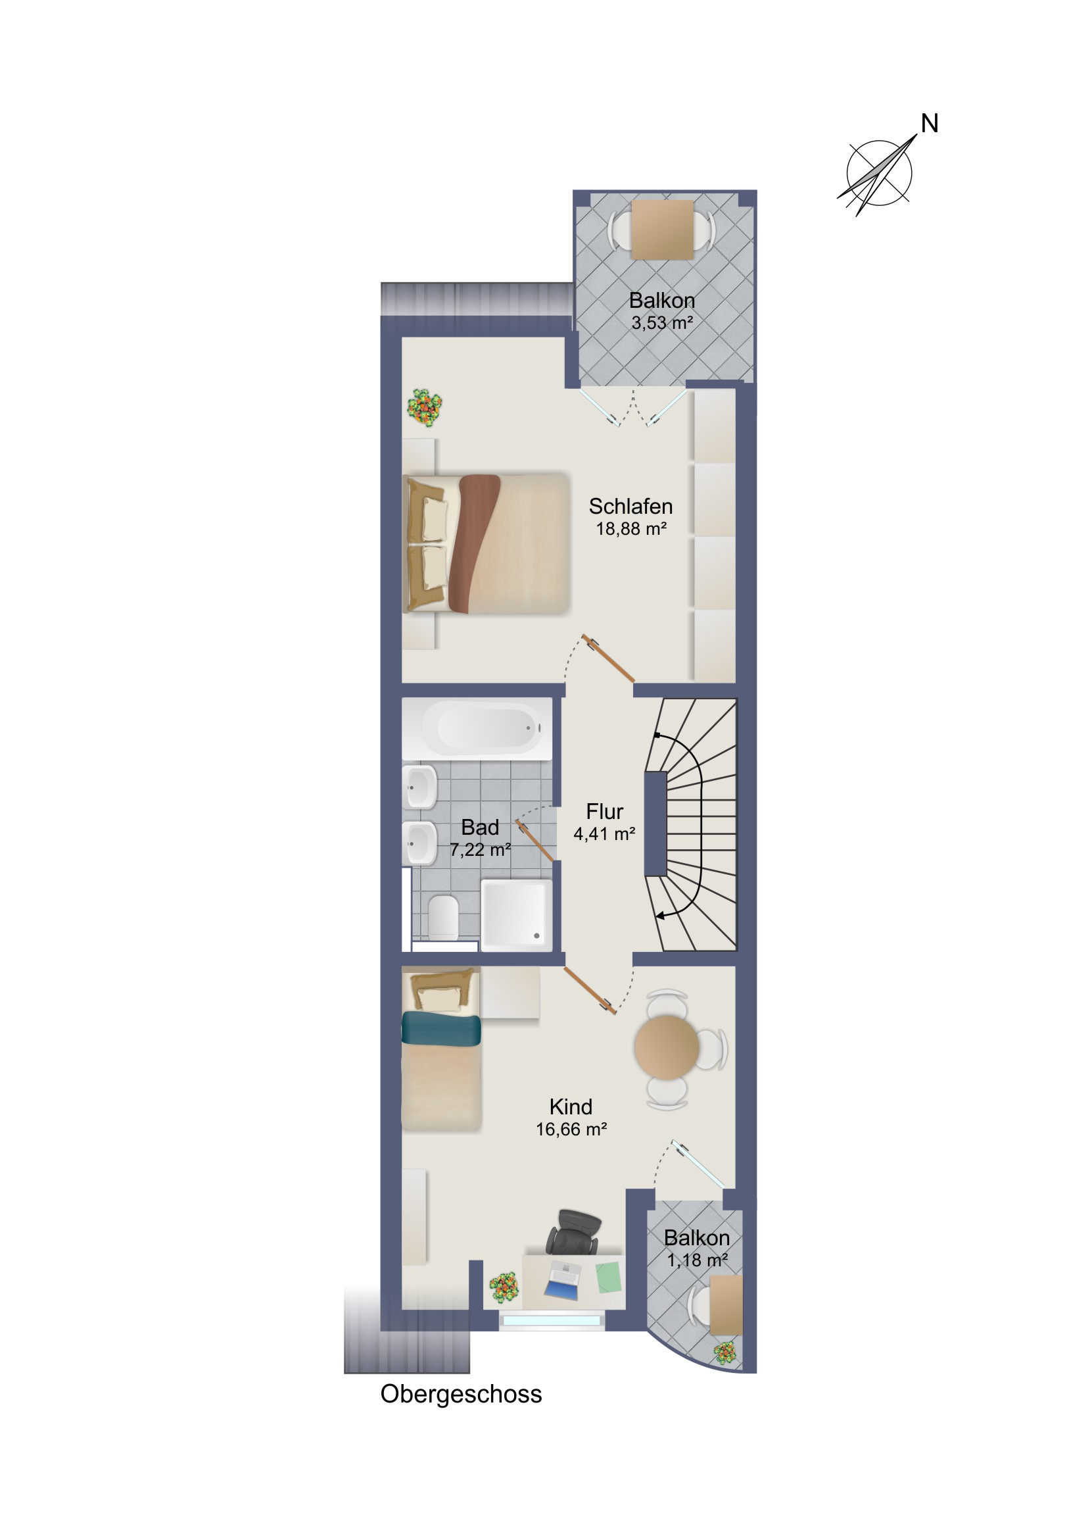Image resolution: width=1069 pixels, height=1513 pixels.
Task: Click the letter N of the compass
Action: pyautogui.click(x=929, y=123)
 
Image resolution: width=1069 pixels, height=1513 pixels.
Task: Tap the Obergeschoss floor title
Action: pyautogui.click(x=461, y=1395)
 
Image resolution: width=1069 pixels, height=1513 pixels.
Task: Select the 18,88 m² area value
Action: pyautogui.click(x=631, y=528)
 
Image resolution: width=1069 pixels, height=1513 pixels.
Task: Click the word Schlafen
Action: pyautogui.click(x=630, y=506)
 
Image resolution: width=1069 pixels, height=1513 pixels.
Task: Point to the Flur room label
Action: pyautogui.click(x=605, y=811)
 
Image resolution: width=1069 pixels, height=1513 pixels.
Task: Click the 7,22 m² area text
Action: pyautogui.click(x=480, y=850)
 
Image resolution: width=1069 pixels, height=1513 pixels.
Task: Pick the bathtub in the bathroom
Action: pyautogui.click(x=477, y=728)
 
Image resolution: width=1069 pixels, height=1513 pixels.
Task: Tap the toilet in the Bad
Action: pyautogui.click(x=443, y=916)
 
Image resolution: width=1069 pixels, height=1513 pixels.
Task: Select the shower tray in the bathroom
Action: pyautogui.click(x=517, y=914)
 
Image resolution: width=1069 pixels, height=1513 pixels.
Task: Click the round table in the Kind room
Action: pyautogui.click(x=667, y=1047)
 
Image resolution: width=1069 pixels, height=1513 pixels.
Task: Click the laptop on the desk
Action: pyautogui.click(x=563, y=1280)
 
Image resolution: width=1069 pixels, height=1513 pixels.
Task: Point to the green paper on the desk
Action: pyautogui.click(x=609, y=1277)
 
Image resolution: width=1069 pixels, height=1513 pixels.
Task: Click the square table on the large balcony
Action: pyautogui.click(x=662, y=230)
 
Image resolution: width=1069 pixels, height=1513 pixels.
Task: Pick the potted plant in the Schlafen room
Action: pyautogui.click(x=424, y=408)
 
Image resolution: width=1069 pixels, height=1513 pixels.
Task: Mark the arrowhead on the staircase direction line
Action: pyautogui.click(x=660, y=915)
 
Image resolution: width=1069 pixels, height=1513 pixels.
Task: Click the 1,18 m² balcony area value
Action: pyautogui.click(x=697, y=1260)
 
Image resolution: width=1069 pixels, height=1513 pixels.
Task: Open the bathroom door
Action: pyautogui.click(x=534, y=840)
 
